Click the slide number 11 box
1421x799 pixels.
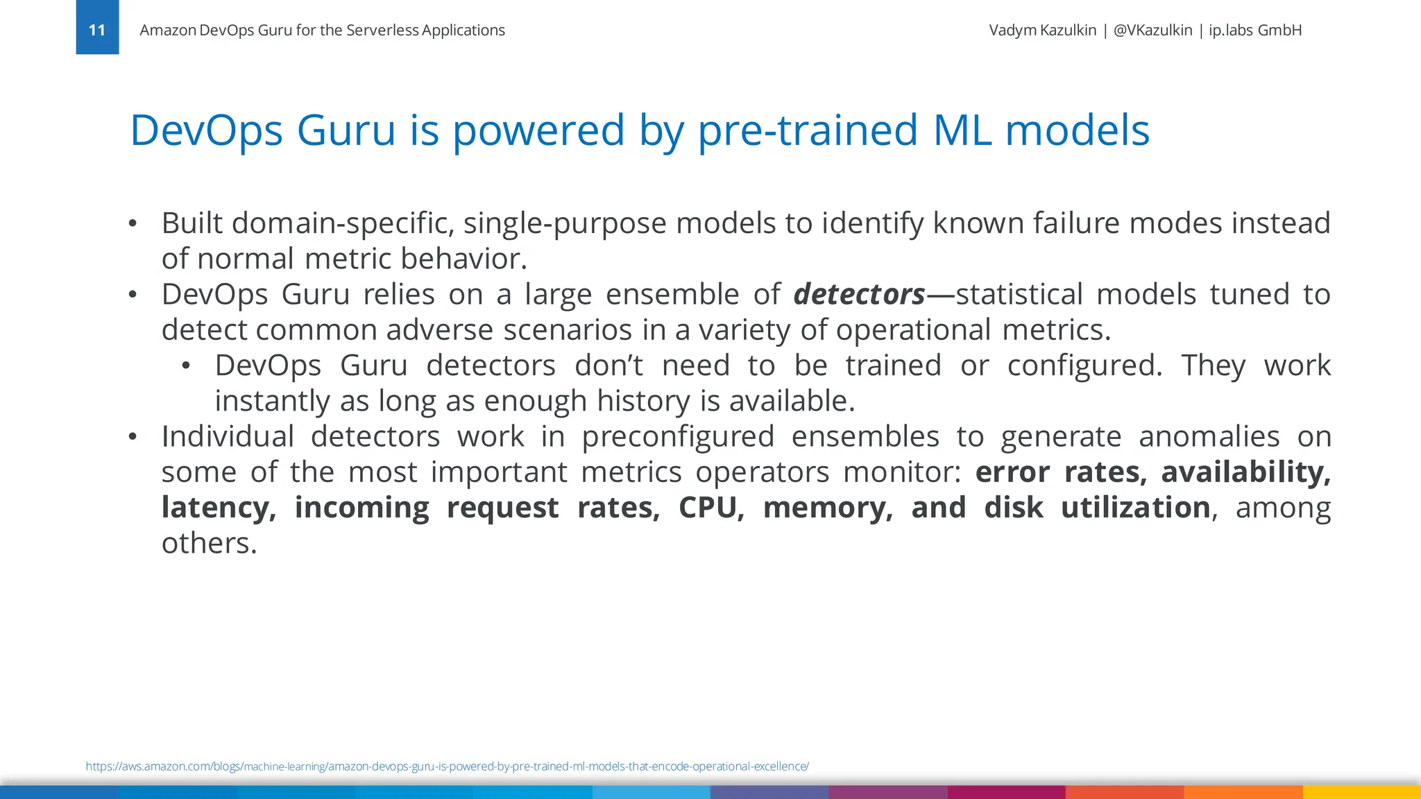[97, 28]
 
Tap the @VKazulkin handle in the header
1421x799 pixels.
[1152, 31]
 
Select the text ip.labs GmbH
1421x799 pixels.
[1254, 31]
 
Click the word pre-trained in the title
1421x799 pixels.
[808, 130]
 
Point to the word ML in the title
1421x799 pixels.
[962, 130]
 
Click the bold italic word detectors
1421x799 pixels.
[859, 295]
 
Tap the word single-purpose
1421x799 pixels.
[565, 223]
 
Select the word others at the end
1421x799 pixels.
[209, 544]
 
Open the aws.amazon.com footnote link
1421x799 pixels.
[447, 766]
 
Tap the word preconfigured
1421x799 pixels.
[677, 437]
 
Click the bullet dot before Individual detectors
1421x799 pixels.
[133, 437]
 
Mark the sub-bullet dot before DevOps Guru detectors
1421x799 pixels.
[186, 366]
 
